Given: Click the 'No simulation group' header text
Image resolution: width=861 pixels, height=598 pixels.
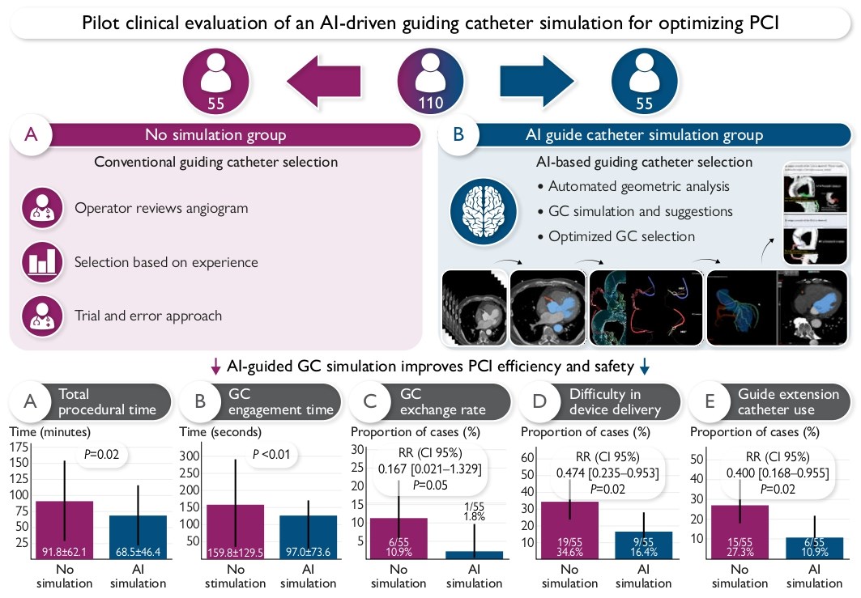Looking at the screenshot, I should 215,134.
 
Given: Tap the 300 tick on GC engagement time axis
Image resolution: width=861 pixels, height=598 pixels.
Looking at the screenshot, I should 190,456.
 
